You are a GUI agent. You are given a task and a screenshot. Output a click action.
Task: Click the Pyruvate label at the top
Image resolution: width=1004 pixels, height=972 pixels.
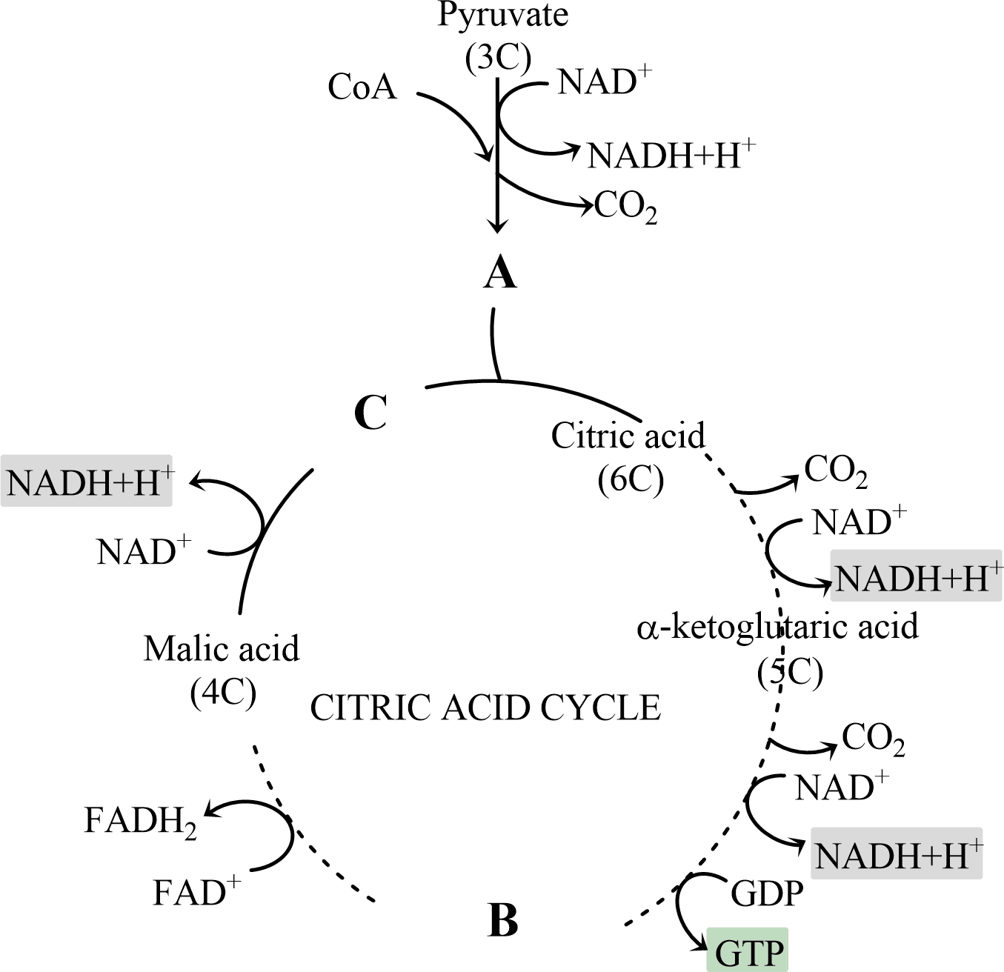502,15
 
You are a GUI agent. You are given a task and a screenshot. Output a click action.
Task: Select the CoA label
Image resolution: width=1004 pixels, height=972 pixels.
362,87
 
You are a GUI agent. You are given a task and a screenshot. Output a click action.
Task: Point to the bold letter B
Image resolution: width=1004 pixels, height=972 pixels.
504,920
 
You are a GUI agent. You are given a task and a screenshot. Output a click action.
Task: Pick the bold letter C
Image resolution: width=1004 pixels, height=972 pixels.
370,413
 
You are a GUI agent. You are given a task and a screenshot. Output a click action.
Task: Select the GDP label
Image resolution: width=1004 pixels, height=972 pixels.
767,893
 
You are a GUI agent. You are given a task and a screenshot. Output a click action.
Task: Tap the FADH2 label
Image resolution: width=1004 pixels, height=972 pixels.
140,822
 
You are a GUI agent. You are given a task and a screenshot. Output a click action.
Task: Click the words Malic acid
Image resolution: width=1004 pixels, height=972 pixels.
222,649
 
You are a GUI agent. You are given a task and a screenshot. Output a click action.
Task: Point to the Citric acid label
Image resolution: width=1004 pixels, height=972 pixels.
628,436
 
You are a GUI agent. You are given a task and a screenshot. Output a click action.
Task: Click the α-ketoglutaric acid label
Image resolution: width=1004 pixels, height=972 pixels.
777,626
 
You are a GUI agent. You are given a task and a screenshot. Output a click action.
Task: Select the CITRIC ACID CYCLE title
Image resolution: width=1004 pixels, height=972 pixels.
485,708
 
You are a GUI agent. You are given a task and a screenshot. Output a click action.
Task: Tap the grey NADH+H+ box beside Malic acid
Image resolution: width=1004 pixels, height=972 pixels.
87,482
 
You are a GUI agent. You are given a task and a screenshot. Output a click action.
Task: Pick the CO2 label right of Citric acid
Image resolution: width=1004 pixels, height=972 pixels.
836,471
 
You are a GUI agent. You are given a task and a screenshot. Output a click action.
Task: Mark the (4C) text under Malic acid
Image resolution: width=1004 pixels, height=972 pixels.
223,693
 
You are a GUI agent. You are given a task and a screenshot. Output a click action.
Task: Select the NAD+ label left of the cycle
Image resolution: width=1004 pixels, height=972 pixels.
143,552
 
